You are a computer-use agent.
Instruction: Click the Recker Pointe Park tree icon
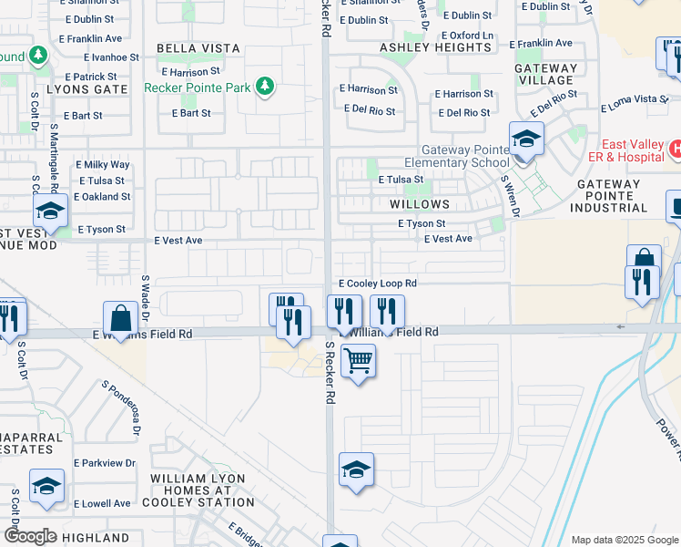(x=264, y=87)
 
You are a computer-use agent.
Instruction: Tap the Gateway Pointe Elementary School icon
(x=525, y=139)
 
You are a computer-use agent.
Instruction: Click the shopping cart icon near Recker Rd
(x=358, y=361)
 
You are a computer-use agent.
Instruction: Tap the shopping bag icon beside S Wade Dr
(x=120, y=319)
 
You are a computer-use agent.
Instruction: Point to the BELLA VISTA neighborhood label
(x=198, y=48)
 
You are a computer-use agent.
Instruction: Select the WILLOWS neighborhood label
(x=421, y=204)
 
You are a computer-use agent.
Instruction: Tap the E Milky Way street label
(x=103, y=165)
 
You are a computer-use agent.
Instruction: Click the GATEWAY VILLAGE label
(x=545, y=74)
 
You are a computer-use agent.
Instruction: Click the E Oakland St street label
(x=102, y=196)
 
